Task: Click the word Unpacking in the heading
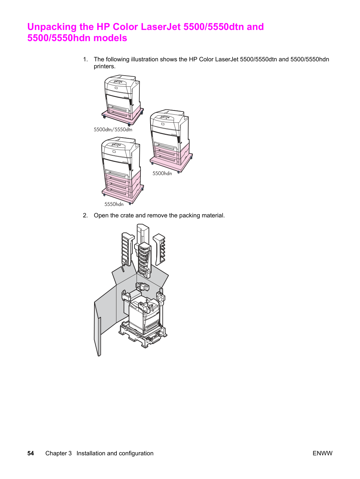coord(52,27)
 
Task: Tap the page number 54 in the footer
coord(31,453)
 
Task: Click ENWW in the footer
coord(322,453)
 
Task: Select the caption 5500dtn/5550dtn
coord(113,129)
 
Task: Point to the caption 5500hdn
coord(162,173)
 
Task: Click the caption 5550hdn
coord(114,204)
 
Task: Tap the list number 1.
coord(85,59)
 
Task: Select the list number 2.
coord(85,215)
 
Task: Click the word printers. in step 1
coord(105,66)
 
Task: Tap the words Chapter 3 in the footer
coord(59,453)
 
